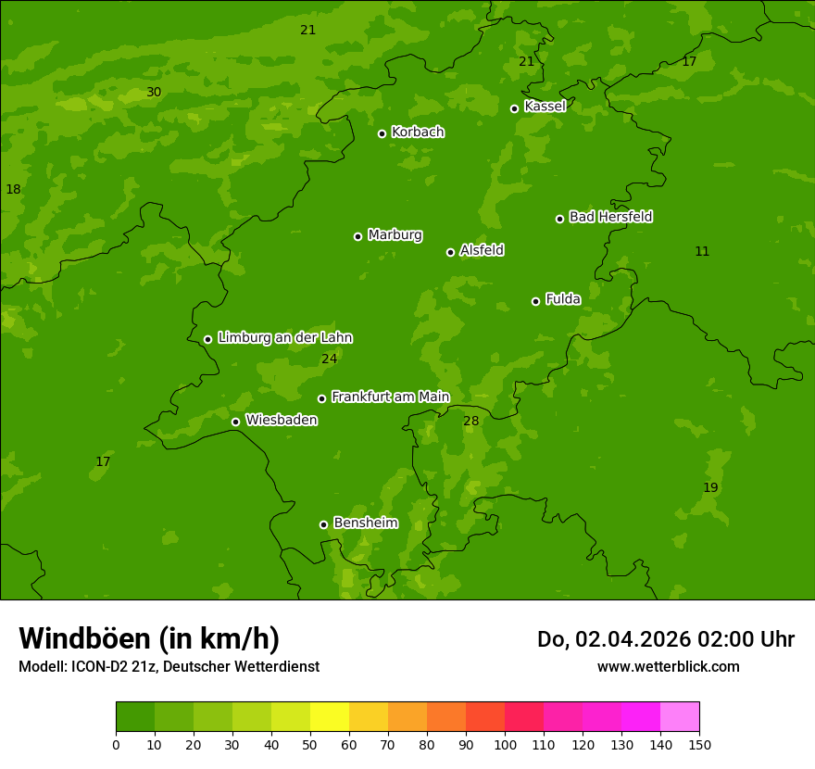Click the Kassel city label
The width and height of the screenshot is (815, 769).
pyautogui.click(x=545, y=107)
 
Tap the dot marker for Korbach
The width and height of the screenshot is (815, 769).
pyautogui.click(x=382, y=133)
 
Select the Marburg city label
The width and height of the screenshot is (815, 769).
pyautogui.click(x=395, y=234)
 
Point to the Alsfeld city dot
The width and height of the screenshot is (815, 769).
pyautogui.click(x=450, y=252)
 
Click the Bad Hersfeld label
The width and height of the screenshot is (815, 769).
pyautogui.click(x=610, y=217)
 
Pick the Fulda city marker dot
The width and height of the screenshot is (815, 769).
pyautogui.click(x=535, y=301)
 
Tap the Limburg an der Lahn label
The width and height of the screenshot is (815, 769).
pyautogui.click(x=284, y=337)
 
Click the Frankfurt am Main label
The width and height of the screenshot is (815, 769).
pyautogui.click(x=390, y=397)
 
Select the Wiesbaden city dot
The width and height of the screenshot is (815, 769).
pyautogui.click(x=235, y=422)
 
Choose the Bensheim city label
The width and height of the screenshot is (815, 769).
pyautogui.click(x=365, y=523)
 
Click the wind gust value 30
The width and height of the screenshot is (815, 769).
pyautogui.click(x=154, y=92)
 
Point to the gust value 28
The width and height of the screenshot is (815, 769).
pyautogui.click(x=471, y=421)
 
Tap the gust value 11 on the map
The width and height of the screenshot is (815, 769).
pyautogui.click(x=702, y=251)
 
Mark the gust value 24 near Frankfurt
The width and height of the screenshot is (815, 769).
pyautogui.click(x=329, y=359)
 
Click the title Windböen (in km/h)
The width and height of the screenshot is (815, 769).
pyautogui.click(x=149, y=638)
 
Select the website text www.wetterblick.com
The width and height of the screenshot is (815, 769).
pyautogui.click(x=668, y=666)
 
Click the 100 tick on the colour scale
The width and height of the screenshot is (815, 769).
pyautogui.click(x=505, y=744)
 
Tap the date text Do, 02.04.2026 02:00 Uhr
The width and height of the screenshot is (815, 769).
pyautogui.click(x=665, y=639)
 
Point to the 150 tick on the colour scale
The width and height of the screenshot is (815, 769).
pyautogui.click(x=699, y=744)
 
